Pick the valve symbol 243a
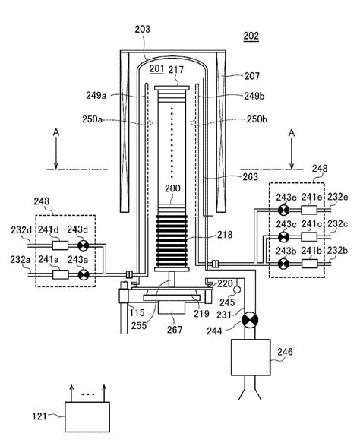84,269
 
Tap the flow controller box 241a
60,269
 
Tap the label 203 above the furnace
142,29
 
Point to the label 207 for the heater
251,76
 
